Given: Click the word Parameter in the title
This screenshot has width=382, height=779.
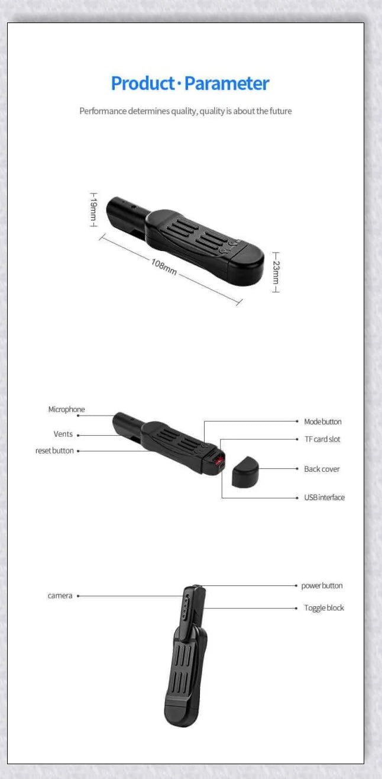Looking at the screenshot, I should (x=226, y=83).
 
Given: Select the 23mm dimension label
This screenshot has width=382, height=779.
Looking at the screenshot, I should (x=276, y=272).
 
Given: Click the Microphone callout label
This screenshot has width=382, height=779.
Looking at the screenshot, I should (x=66, y=410).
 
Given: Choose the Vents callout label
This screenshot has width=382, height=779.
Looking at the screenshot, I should (x=63, y=434).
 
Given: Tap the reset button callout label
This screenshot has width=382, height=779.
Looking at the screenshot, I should (x=54, y=451).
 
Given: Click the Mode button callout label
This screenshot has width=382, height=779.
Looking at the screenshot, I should (x=322, y=422).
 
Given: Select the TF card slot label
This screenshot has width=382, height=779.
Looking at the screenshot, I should (x=322, y=439).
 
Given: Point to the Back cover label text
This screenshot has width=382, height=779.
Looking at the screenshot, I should (x=322, y=469).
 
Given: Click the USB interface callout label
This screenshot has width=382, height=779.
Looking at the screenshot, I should (x=324, y=498).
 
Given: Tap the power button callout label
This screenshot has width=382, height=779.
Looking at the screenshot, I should (x=322, y=586).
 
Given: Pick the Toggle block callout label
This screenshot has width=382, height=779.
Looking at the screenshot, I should (x=323, y=608).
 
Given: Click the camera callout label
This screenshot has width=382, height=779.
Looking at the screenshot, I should (x=60, y=596).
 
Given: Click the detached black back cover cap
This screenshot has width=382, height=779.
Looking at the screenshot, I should (x=245, y=473).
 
